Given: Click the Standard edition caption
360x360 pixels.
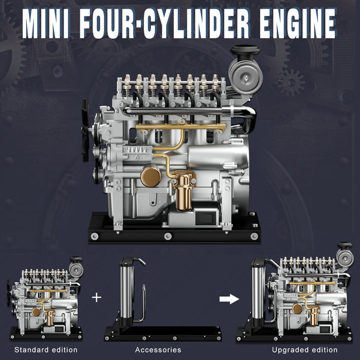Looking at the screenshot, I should coord(46,350).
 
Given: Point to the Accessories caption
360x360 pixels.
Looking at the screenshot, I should coord(158,350).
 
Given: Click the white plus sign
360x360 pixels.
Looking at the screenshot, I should coord(97,298).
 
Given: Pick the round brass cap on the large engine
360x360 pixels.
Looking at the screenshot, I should coord(151,176).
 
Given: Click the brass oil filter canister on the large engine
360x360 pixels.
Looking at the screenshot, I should coord(184,193).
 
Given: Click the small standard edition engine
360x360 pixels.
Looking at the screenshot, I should coord(45,298).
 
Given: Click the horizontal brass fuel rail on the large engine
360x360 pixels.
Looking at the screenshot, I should coord(180,127).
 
